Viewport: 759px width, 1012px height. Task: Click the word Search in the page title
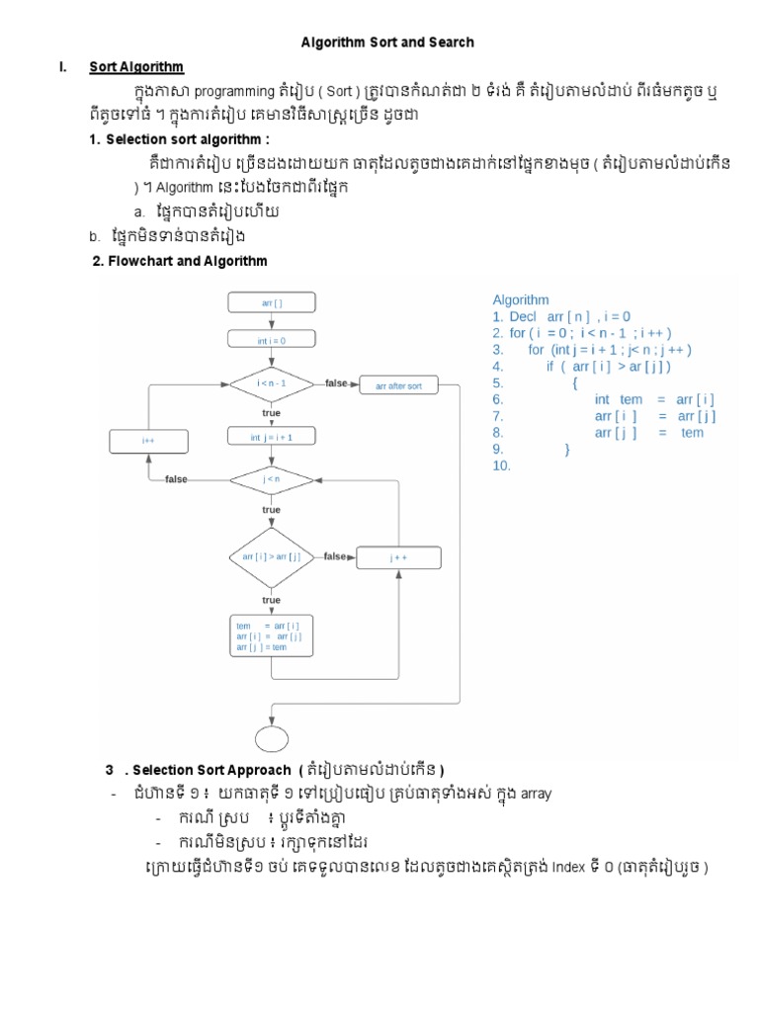[x=451, y=42]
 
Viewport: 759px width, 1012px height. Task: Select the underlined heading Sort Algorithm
[x=136, y=67]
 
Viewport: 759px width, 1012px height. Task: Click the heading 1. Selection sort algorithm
[x=187, y=139]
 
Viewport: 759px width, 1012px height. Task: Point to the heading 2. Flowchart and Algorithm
[x=179, y=261]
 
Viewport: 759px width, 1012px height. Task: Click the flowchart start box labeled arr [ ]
[x=271, y=303]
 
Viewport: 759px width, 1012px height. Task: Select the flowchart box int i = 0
[x=271, y=340]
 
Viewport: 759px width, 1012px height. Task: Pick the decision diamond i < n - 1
[x=271, y=382]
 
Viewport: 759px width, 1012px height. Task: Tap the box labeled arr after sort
[x=398, y=386]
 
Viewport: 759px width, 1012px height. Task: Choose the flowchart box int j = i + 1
[x=271, y=436]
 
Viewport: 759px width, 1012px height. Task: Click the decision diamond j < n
[x=271, y=479]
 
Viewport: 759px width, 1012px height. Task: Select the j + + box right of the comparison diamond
[x=398, y=557]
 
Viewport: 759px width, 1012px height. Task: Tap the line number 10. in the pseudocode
[x=501, y=465]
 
